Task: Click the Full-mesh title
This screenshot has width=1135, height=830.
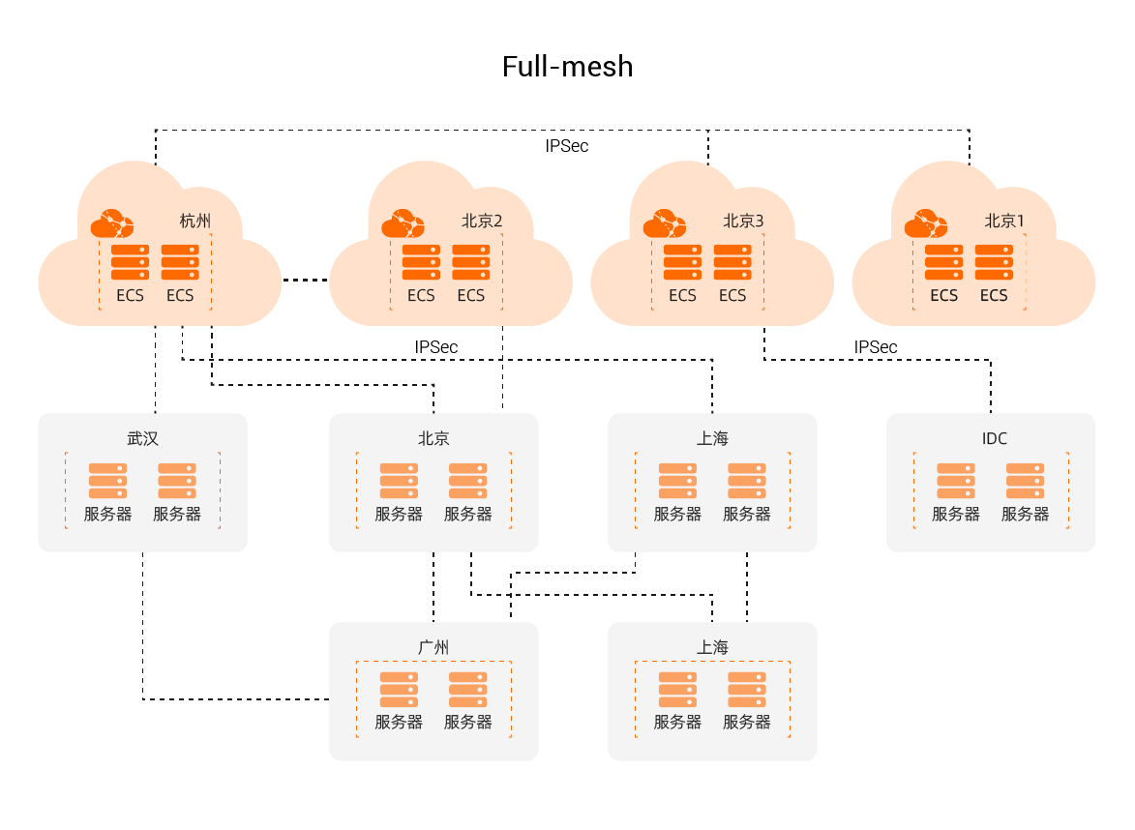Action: [x=567, y=67]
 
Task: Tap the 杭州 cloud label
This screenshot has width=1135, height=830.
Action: [x=194, y=221]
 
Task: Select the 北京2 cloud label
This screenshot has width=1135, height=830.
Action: [x=482, y=221]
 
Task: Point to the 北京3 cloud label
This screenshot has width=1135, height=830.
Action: [x=743, y=221]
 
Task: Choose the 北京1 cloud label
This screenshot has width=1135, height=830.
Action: [x=1004, y=221]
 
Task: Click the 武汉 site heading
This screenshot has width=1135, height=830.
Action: [x=142, y=438]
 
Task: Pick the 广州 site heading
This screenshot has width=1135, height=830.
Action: [x=433, y=646]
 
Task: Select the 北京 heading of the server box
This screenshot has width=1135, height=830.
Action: [x=433, y=438]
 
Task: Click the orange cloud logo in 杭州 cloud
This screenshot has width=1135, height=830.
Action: [x=112, y=224]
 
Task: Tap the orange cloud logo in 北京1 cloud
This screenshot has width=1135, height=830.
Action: [x=926, y=224]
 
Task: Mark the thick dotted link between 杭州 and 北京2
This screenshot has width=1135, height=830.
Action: [x=306, y=281]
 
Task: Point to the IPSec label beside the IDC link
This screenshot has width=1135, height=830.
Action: [x=875, y=346]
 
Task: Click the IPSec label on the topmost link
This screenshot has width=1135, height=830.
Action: [x=566, y=146]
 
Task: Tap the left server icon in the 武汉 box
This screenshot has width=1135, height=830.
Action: [x=107, y=481]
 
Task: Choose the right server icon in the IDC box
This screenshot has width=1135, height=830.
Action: [x=1025, y=481]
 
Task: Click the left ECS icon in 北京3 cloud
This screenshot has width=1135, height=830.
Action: [x=682, y=262]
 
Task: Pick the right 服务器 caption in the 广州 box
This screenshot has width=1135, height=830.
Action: [x=468, y=722]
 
